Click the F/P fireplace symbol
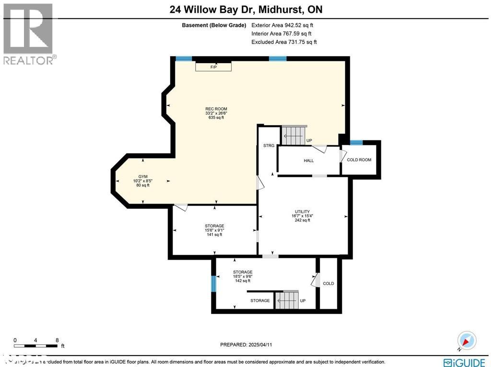(213, 67)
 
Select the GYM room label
(141, 177)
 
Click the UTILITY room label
(302, 212)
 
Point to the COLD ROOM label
(359, 160)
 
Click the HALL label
(309, 161)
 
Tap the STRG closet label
(269, 146)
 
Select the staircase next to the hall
(293, 136)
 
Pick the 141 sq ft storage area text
(214, 234)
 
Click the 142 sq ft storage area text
(243, 281)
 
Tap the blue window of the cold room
(356, 142)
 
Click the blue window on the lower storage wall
(213, 284)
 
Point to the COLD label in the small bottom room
(328, 284)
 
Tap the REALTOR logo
(29, 34)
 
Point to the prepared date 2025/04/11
(248, 344)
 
